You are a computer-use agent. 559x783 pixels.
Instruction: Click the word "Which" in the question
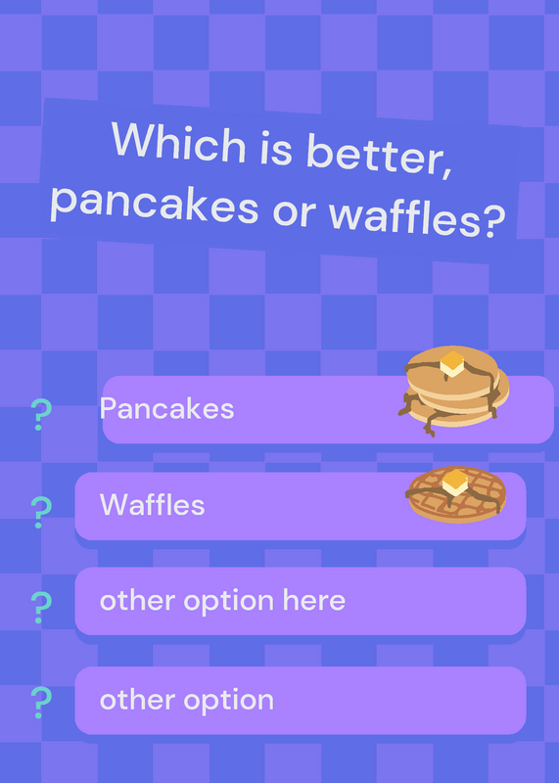click(x=179, y=142)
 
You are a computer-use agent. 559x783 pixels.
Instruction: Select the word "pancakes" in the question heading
click(x=154, y=206)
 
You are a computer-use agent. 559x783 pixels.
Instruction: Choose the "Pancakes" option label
click(x=166, y=409)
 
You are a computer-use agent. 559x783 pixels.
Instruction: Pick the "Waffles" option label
click(x=153, y=504)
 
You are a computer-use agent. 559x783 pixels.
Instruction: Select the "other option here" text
click(x=223, y=601)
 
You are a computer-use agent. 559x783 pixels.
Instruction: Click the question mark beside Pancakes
click(x=41, y=414)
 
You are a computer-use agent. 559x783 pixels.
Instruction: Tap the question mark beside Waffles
click(x=41, y=512)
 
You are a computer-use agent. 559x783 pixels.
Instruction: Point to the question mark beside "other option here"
click(x=41, y=607)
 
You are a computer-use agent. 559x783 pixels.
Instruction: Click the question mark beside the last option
click(x=41, y=702)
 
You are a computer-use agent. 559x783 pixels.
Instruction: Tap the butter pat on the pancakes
click(x=452, y=364)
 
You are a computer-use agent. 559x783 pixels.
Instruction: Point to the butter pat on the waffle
click(x=455, y=483)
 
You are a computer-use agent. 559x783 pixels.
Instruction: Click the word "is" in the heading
click(x=276, y=150)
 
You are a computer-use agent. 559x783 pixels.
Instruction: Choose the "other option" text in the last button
click(x=187, y=701)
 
